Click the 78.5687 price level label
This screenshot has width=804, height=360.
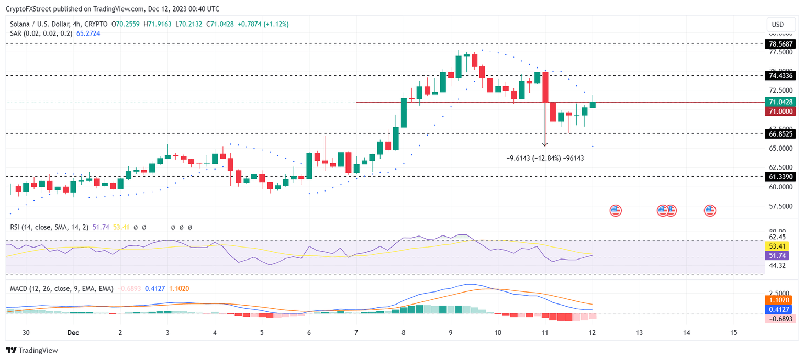coord(779,44)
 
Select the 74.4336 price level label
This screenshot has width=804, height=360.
coord(779,76)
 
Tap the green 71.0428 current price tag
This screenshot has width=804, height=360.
coord(779,102)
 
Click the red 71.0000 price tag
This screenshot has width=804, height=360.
coord(779,111)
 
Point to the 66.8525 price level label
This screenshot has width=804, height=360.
coord(779,134)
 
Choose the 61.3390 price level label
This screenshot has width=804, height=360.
coord(779,177)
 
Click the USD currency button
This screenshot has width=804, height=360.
coord(778,25)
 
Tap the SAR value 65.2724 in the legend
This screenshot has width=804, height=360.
coord(88,33)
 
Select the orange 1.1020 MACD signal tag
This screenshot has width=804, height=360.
coord(779,300)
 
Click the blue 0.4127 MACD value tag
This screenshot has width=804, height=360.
coord(779,309)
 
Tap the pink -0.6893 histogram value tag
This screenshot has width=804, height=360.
coord(779,319)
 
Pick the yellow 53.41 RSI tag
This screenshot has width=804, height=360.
coord(779,246)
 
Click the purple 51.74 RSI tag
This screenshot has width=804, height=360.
coord(779,255)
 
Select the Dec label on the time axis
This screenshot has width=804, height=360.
coord(73,332)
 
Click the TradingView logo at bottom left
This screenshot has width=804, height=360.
coord(32,350)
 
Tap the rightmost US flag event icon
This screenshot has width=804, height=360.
coord(710,210)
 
